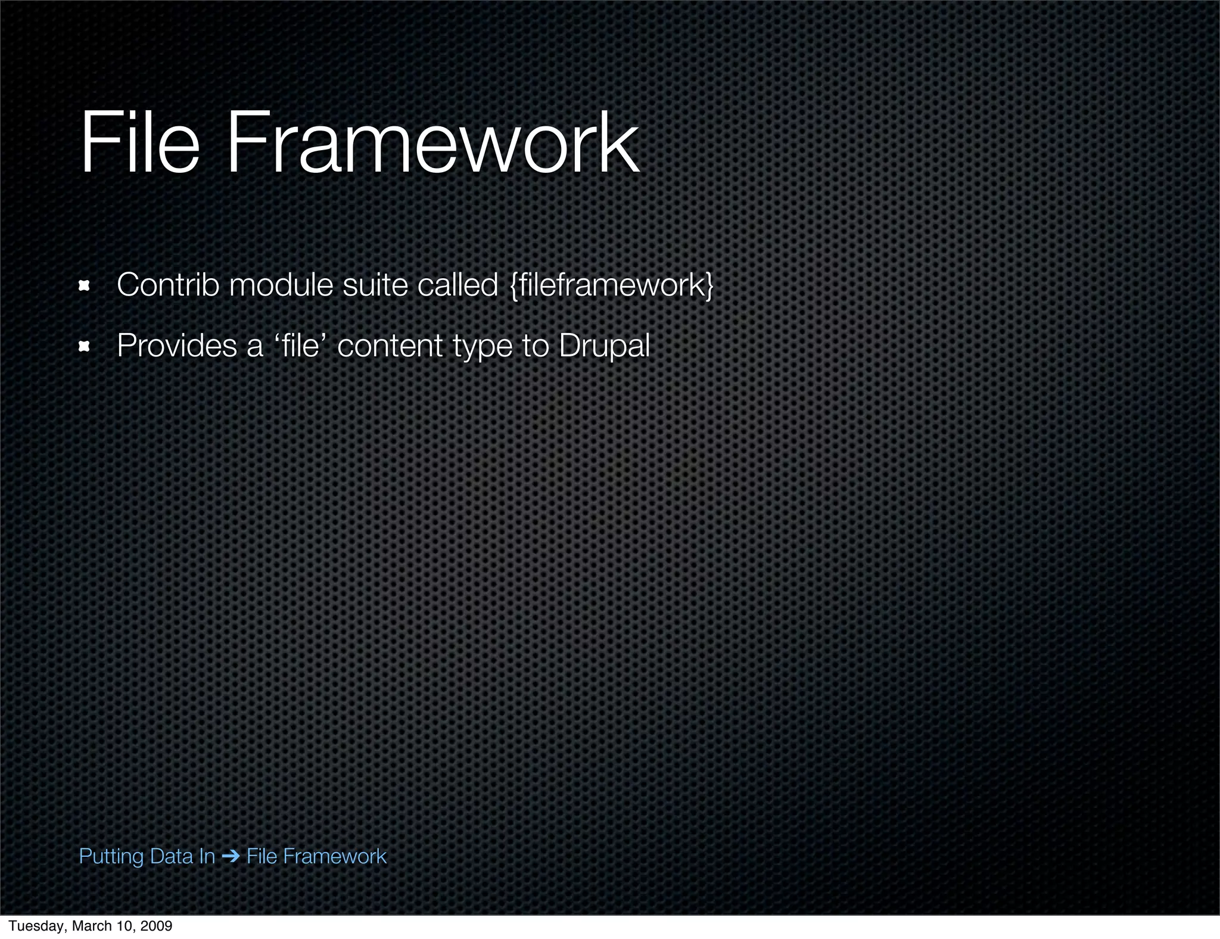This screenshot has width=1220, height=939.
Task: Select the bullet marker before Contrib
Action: coord(84,286)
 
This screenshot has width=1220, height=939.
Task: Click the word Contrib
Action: coord(168,285)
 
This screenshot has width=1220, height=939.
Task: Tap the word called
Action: coord(457,285)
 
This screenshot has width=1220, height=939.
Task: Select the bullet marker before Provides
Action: coord(84,346)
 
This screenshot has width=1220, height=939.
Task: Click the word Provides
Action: coord(177,346)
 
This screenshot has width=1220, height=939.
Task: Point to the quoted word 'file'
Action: coord(299,346)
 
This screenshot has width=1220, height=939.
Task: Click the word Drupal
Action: coord(604,346)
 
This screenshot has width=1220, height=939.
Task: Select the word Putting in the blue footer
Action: coord(111,857)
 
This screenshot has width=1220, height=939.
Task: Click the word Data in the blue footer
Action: coord(173,856)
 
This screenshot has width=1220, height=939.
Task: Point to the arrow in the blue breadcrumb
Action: coord(230,857)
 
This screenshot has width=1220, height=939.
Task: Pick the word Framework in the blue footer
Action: coord(334,856)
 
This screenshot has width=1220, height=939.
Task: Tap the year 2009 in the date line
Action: coord(157,926)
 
